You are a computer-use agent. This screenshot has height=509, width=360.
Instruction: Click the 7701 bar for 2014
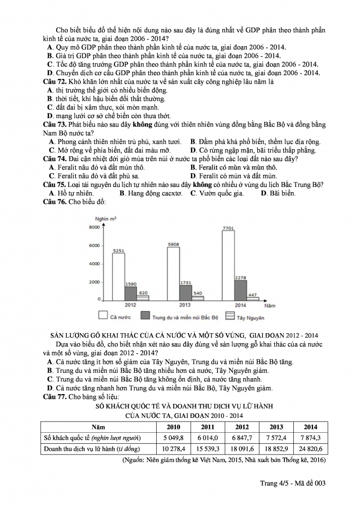228,267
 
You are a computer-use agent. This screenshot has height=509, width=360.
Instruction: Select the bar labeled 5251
118,278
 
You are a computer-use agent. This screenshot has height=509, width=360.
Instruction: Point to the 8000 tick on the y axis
94,227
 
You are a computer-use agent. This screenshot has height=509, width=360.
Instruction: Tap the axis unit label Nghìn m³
106,218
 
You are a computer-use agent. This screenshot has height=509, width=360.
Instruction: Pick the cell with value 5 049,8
175,437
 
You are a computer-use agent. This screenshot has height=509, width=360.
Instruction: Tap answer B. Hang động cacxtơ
151,193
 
